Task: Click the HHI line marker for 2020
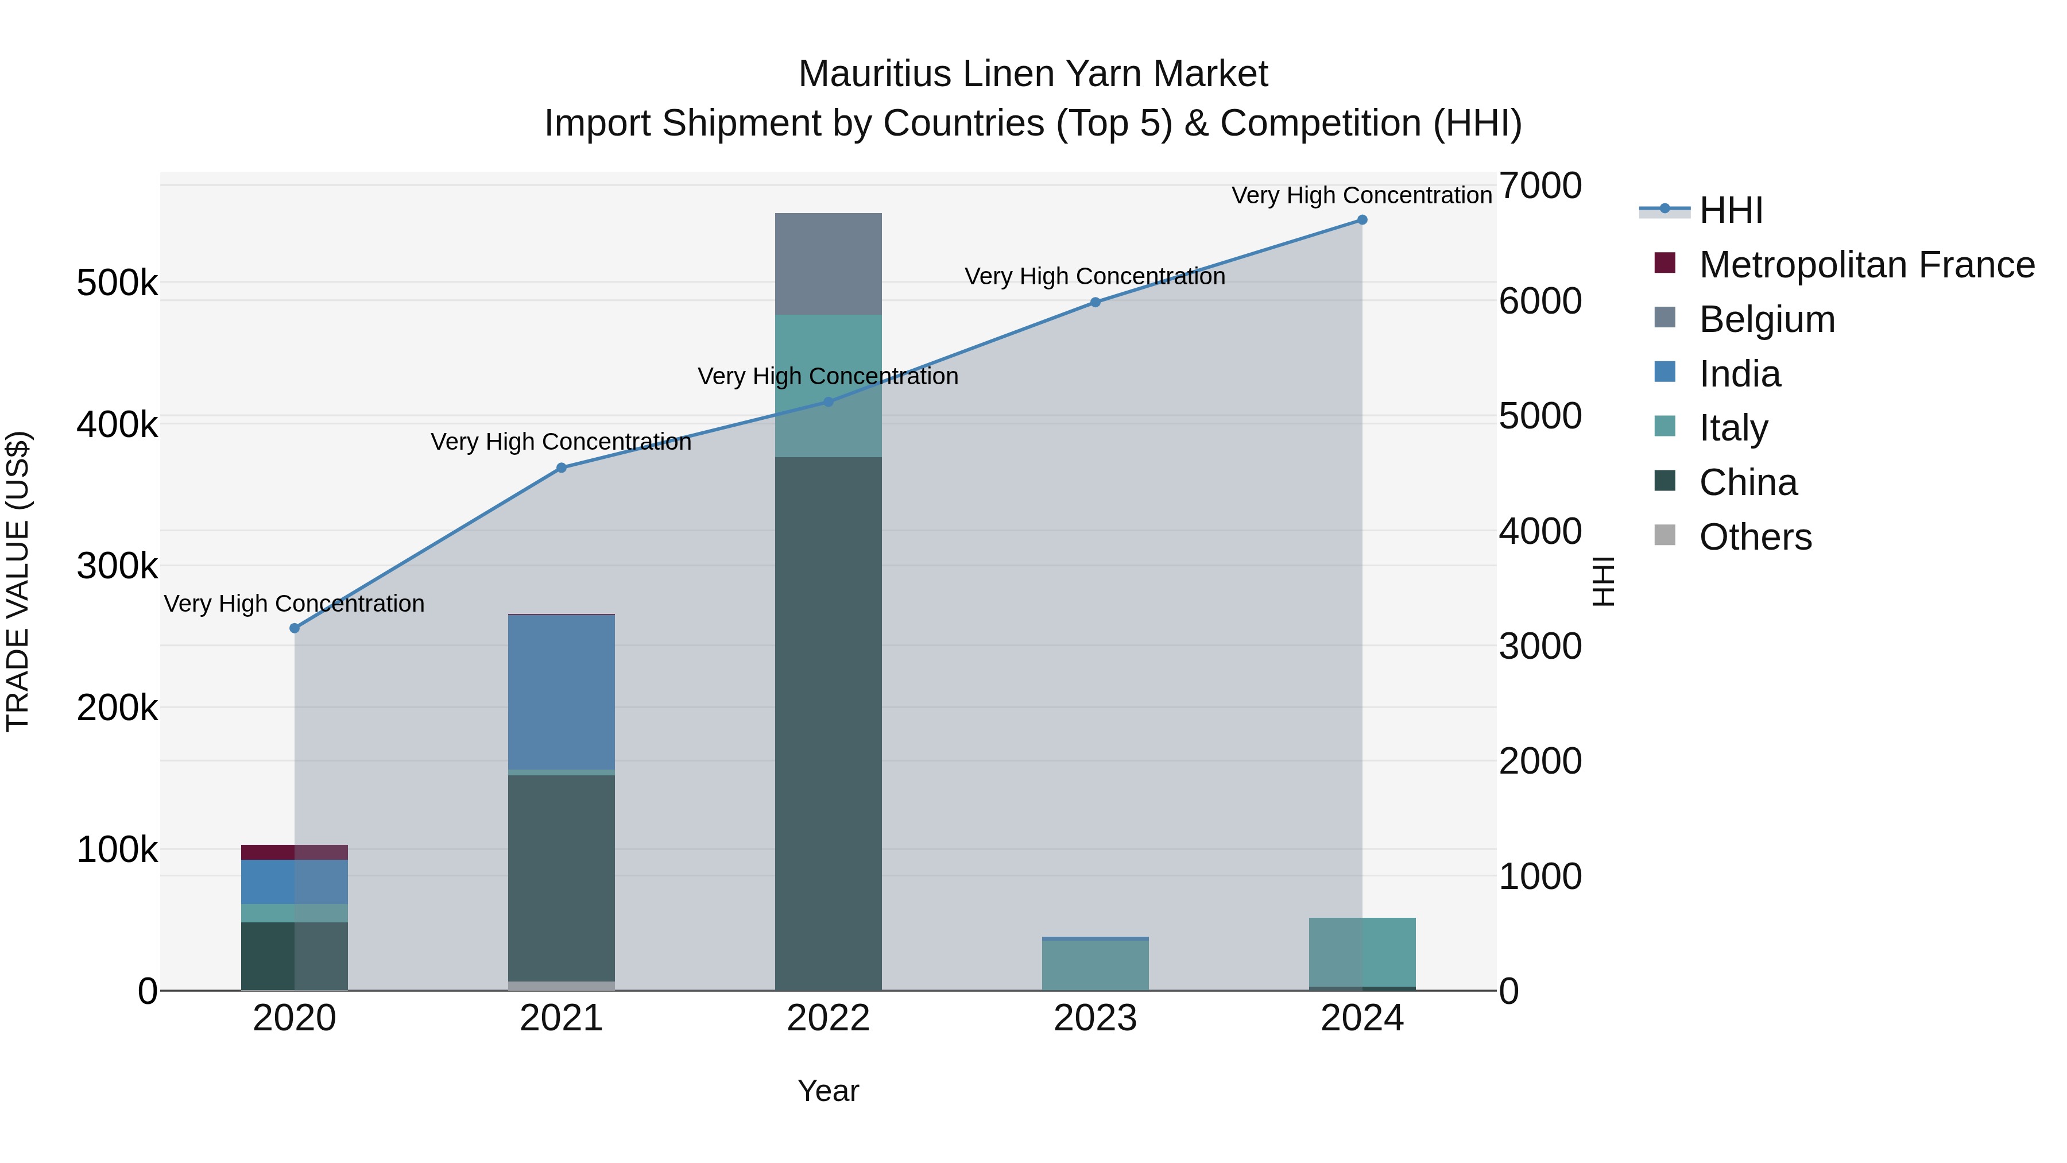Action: [295, 628]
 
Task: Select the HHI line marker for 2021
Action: [562, 468]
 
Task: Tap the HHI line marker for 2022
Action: [829, 402]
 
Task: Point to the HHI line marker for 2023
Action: [1096, 303]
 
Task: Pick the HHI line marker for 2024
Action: [1362, 220]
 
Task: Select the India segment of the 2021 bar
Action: [562, 692]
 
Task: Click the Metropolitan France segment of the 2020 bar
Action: [295, 852]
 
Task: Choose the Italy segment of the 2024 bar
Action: [1362, 952]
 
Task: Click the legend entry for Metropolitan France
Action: [1867, 265]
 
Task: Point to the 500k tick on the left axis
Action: [117, 283]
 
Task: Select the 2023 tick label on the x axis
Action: [1096, 1018]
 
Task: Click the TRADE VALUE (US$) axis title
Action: [18, 581]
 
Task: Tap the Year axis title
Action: [828, 1091]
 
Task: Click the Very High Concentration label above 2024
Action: [1362, 195]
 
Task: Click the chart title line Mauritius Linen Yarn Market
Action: [1033, 74]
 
